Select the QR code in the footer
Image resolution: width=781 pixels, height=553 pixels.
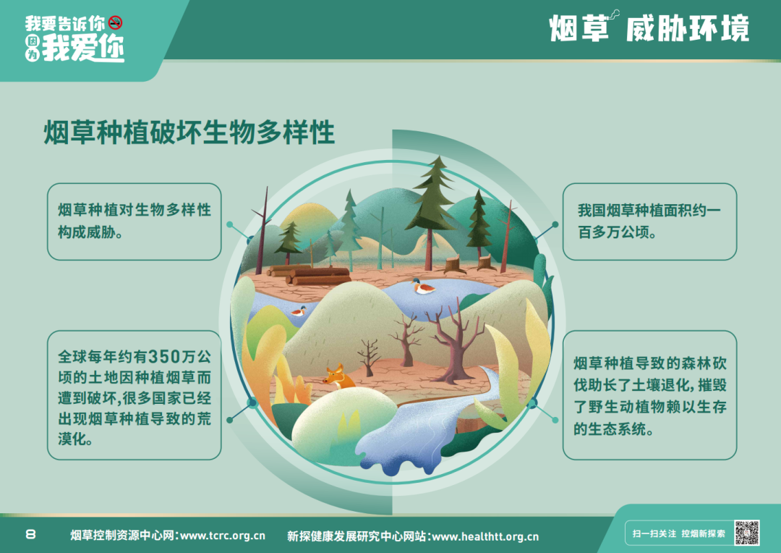point(746,533)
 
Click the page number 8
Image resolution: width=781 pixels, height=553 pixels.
point(30,535)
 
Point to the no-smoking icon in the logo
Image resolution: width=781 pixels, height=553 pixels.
point(115,22)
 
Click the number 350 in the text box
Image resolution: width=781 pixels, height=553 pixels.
point(164,357)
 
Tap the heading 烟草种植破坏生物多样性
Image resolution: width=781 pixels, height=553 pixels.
point(189,132)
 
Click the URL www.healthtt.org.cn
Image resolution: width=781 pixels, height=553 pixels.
point(485,536)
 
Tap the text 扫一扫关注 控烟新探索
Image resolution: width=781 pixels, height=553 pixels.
point(679,533)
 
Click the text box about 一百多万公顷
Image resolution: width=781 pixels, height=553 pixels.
point(649,221)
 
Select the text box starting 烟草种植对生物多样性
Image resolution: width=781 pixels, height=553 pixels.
point(134,221)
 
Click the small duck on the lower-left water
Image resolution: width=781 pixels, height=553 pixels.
point(299,311)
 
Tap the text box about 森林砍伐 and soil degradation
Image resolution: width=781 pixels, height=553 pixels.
point(649,395)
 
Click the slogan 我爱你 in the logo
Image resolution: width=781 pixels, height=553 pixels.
point(82,48)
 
